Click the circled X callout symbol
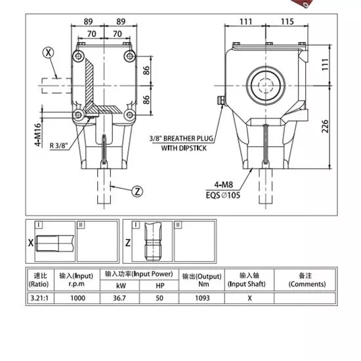pos(47,52)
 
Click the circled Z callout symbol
pos(137,192)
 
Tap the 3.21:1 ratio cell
pos(41,297)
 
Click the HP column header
pos(160,285)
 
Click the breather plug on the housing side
pos(220,100)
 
